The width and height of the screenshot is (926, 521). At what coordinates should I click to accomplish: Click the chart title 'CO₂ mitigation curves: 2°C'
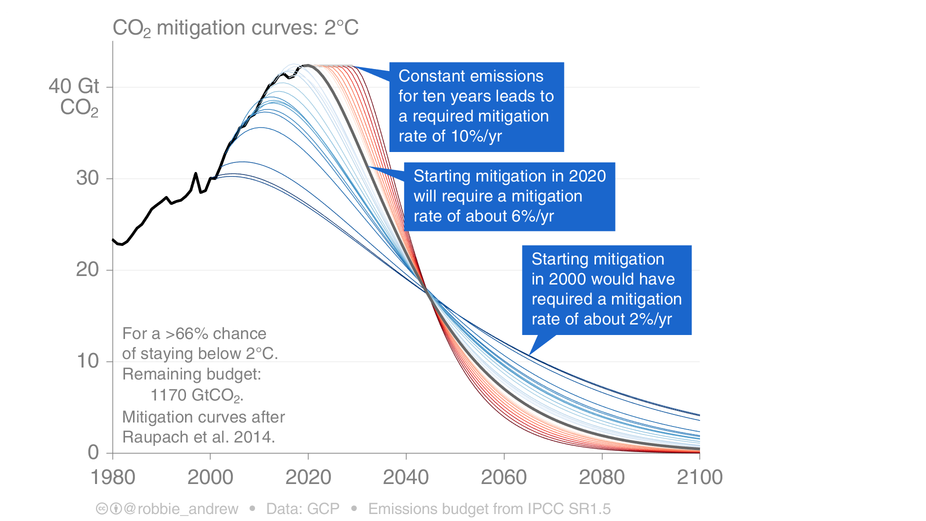click(235, 28)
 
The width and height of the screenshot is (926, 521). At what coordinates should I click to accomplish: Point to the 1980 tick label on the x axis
click(112, 477)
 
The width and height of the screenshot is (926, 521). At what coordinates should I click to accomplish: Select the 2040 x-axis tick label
click(405, 477)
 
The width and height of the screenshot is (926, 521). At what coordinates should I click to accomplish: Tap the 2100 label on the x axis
click(699, 477)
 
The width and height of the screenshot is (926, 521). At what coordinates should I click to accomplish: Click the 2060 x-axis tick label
click(503, 477)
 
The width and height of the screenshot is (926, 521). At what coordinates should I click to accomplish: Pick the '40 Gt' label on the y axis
click(74, 86)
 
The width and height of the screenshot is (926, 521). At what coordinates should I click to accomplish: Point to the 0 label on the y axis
click(93, 452)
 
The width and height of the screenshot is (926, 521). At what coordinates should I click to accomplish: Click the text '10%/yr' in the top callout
click(476, 136)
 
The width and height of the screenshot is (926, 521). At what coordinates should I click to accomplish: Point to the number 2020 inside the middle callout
click(587, 176)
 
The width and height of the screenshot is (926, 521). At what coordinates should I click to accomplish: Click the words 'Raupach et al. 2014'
click(198, 437)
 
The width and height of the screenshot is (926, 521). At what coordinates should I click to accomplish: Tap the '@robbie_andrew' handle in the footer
click(180, 508)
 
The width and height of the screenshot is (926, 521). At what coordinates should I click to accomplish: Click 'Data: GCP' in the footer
click(302, 508)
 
